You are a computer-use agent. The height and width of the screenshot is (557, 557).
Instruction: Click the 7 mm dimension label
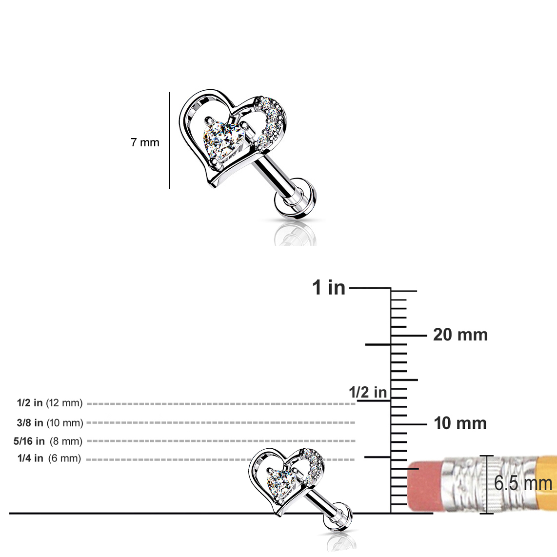point(145,142)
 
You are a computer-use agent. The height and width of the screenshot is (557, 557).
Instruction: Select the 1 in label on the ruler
point(329,287)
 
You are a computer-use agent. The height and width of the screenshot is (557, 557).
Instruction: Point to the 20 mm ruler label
point(460,335)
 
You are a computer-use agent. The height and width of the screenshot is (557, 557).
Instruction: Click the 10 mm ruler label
point(460,423)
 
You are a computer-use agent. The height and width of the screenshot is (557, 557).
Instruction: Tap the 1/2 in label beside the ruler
point(368,393)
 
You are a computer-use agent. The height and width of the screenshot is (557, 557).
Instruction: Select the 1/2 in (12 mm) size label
point(50,403)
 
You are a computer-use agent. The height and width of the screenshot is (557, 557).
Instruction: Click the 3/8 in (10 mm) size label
point(50,423)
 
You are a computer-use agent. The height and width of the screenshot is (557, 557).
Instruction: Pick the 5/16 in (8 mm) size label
point(48,441)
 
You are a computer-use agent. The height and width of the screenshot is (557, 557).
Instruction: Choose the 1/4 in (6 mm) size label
point(49,458)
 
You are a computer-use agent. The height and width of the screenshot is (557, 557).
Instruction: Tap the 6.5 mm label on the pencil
point(523,483)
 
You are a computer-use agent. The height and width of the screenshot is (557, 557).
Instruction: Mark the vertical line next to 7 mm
point(169,140)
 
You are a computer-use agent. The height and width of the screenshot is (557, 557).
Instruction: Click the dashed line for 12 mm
point(221,404)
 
